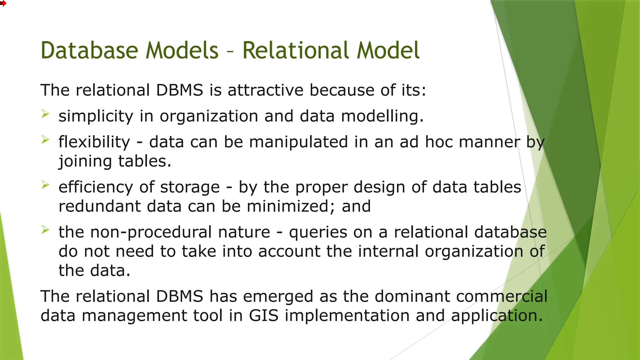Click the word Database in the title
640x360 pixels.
pyautogui.click(x=89, y=51)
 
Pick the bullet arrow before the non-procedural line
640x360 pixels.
pyautogui.click(x=45, y=230)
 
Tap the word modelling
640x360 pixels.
pyautogui.click(x=382, y=116)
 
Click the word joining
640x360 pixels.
pyautogui.click(x=85, y=162)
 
